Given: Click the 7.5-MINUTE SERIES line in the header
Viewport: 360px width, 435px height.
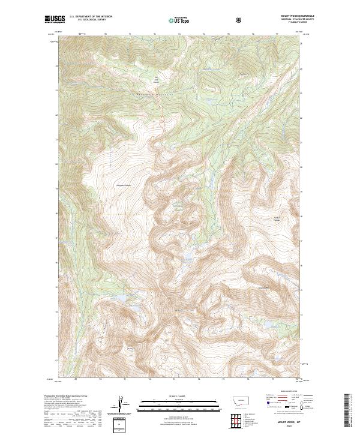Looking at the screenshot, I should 298,23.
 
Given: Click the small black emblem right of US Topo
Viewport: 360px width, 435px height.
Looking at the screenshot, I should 240,20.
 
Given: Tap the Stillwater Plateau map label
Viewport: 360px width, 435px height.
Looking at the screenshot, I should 123,185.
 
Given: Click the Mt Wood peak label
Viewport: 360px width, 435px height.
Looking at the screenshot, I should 178,310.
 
